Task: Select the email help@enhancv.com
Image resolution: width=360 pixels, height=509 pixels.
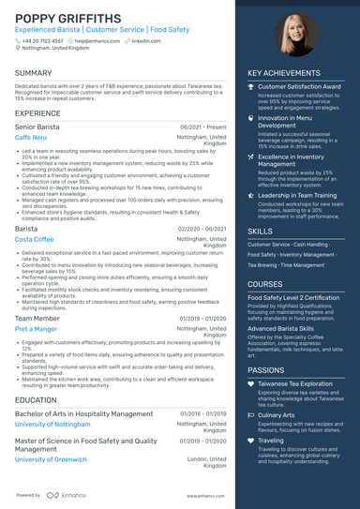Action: tap(95, 41)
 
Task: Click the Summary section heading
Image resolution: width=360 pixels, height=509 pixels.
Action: tap(34, 73)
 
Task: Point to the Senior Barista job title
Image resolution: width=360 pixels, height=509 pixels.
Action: tap(38, 127)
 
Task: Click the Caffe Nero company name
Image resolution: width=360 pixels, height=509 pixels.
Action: tap(30, 138)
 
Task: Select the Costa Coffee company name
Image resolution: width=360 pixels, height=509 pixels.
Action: tap(35, 239)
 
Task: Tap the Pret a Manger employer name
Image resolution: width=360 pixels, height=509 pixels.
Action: tap(37, 329)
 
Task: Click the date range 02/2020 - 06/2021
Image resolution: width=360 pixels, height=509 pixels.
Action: tap(202, 228)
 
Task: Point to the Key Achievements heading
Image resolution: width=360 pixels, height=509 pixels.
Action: tap(284, 73)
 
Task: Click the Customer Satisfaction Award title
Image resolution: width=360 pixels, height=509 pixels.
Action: tap(299, 86)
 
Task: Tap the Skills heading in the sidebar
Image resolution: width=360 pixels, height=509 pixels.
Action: tap(261, 231)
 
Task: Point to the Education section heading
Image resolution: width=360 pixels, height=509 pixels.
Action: tap(36, 399)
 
